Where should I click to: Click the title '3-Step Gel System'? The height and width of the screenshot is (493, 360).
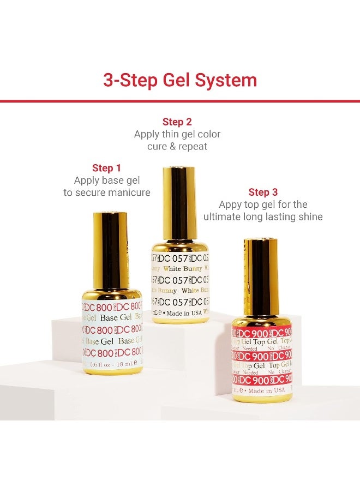pos(180,80)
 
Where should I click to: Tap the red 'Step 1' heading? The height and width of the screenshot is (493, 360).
pos(106,168)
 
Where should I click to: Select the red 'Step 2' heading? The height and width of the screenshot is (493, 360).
pos(177,122)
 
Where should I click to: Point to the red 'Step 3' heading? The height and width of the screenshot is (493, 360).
pos(263,192)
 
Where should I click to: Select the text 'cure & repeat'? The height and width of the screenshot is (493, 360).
pos(177,146)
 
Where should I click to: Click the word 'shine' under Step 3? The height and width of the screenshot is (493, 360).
pos(309,217)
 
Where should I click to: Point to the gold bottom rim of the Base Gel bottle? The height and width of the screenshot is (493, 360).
pos(112,371)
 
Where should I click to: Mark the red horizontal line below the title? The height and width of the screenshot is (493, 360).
pos(180,101)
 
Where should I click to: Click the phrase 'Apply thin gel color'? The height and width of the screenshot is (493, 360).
pos(177,134)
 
